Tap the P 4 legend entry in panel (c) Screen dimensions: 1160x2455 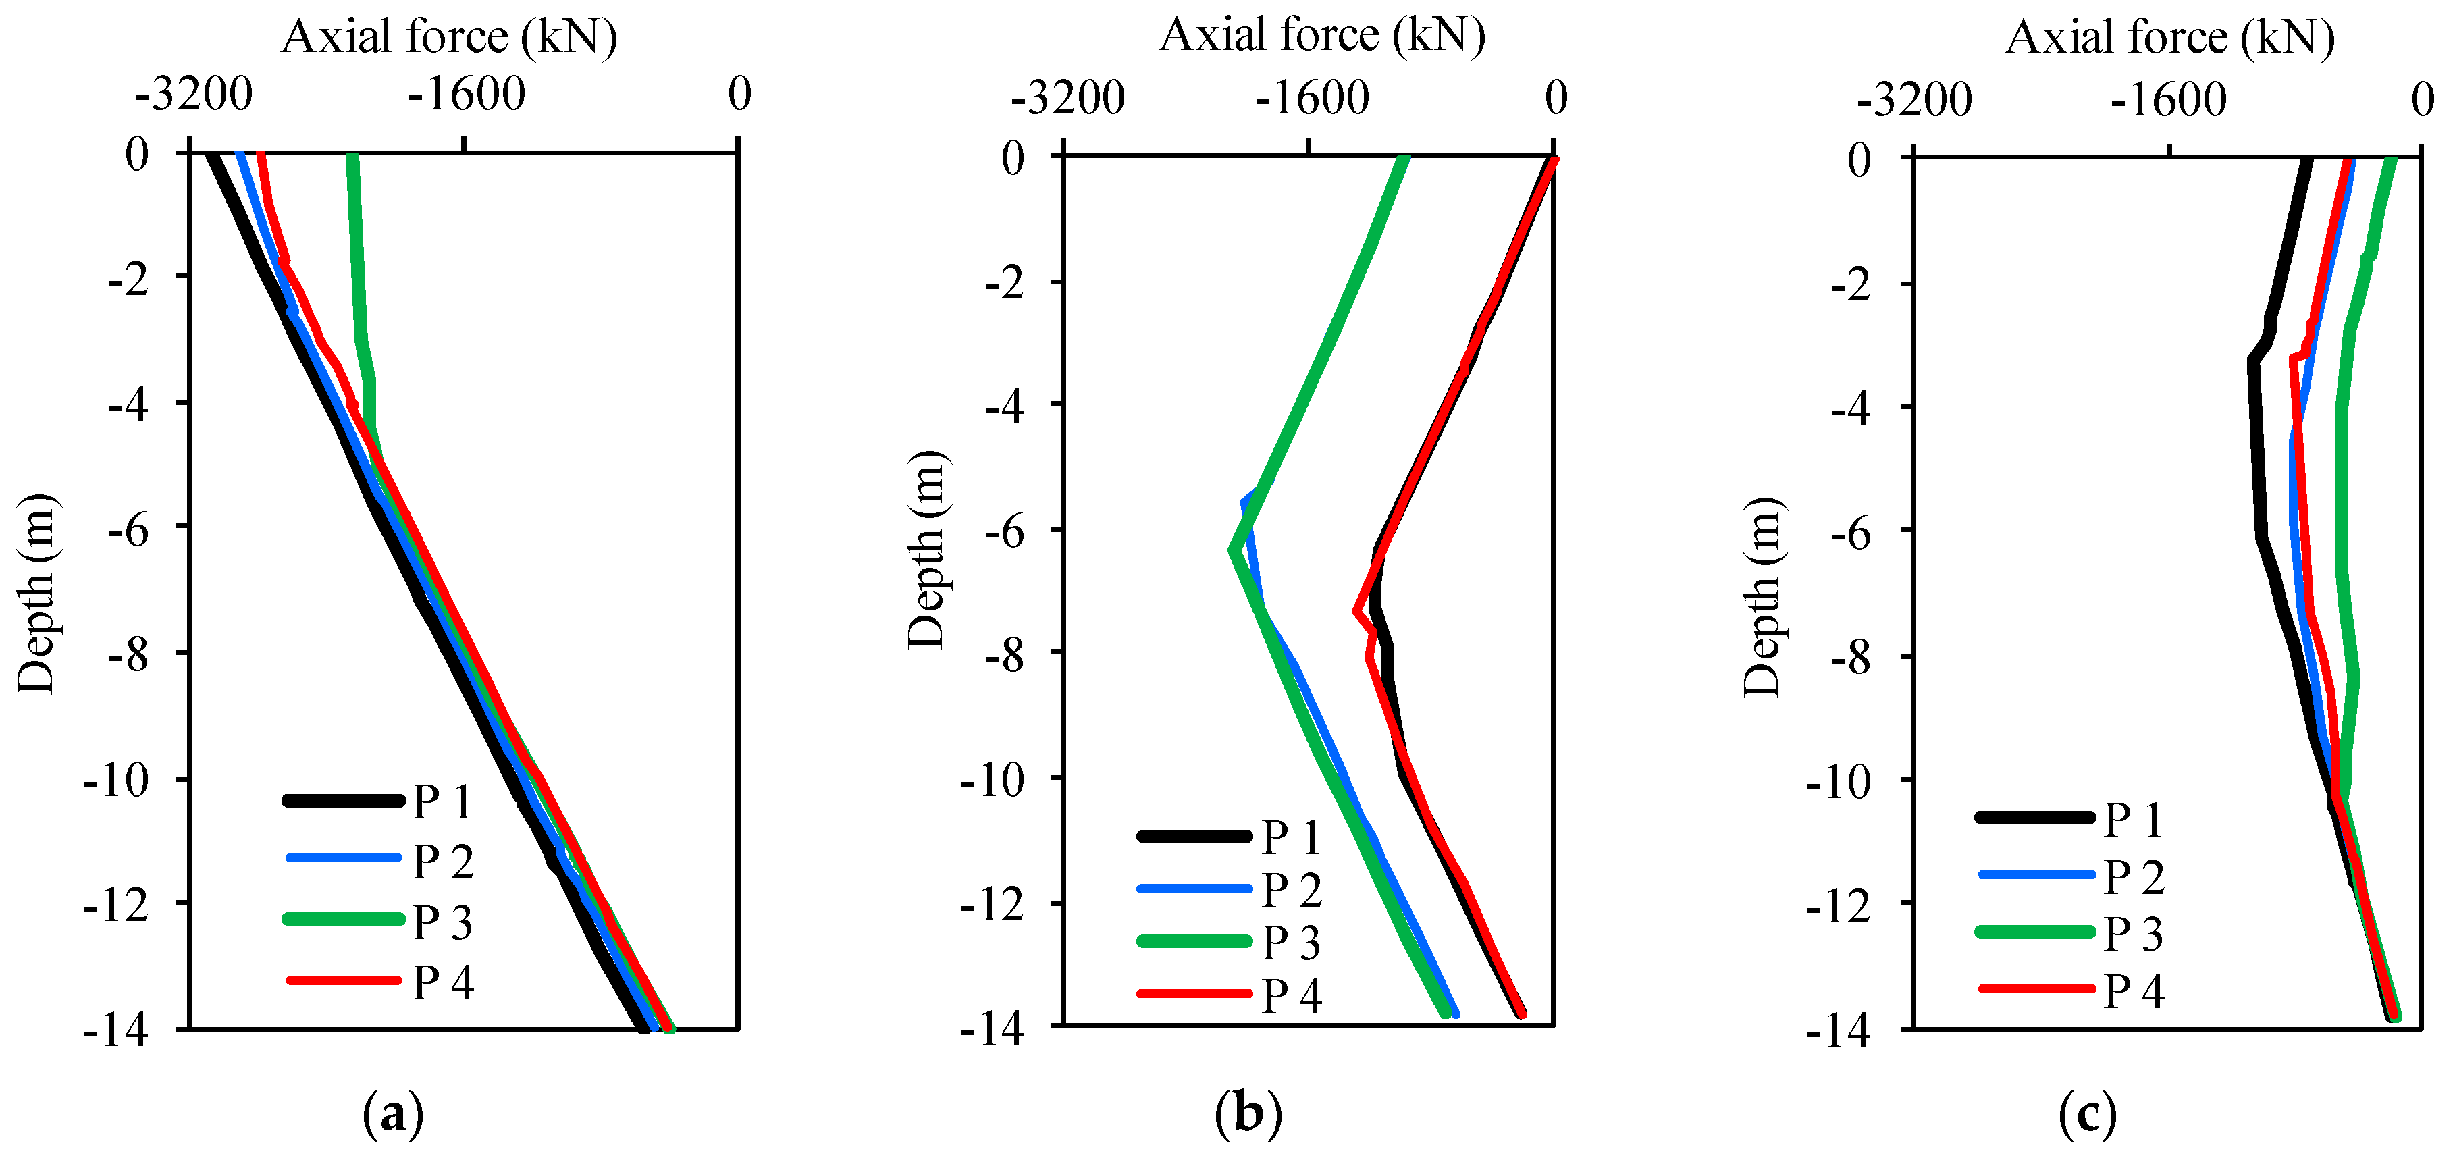pyautogui.click(x=2134, y=991)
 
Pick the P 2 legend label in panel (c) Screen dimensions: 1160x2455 pyautogui.click(x=2134, y=877)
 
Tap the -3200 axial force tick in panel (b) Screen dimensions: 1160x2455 pyautogui.click(x=1067, y=98)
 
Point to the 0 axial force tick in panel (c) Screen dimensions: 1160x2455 pyautogui.click(x=2423, y=99)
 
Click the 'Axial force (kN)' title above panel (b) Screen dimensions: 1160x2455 pyautogui.click(x=1322, y=35)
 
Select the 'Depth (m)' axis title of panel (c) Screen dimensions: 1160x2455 pyautogui.click(x=1761, y=597)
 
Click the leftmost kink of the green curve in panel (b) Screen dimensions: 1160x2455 pyautogui.click(x=1232, y=550)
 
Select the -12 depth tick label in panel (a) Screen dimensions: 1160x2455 pyautogui.click(x=116, y=905)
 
